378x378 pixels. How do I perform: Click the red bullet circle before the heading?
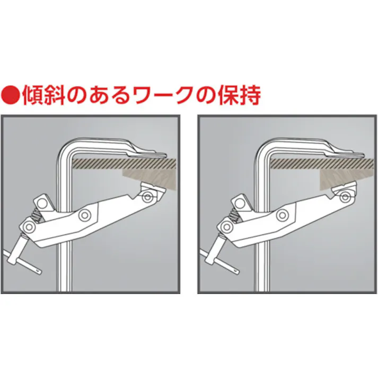point(11,95)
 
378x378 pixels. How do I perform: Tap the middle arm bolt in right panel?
point(283,215)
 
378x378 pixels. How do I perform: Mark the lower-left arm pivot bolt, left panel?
point(28,228)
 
